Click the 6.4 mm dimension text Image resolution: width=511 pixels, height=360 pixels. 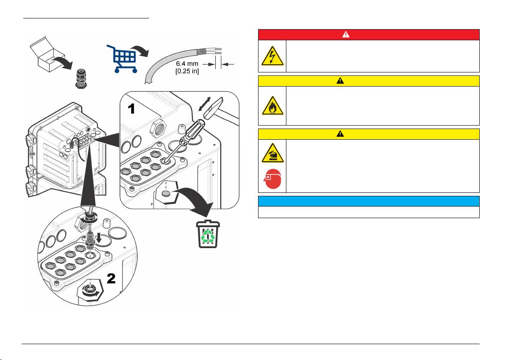click(x=187, y=63)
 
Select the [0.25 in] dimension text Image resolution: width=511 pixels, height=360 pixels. click(x=187, y=70)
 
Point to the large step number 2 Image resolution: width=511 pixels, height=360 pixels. click(x=111, y=279)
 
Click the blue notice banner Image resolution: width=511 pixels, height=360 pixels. click(x=368, y=201)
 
